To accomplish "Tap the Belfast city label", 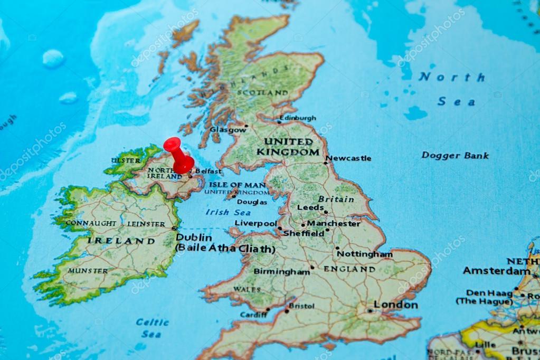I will tap(208, 171).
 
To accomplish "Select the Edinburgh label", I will tap(298, 118).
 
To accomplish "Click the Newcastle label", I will tap(348, 158).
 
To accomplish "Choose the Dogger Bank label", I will tap(455, 156).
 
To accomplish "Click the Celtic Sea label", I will tap(152, 327).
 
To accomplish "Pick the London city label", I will tap(396, 305).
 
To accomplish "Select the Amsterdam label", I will tap(497, 271).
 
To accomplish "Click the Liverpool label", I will tap(255, 223).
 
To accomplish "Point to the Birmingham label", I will tap(281, 272).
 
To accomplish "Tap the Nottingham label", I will tap(365, 254).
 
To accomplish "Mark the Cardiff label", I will tap(253, 315).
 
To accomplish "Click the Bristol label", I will tap(302, 306).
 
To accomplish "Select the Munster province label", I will tap(88, 271).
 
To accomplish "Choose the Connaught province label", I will tap(91, 223).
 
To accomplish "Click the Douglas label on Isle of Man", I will tap(252, 202).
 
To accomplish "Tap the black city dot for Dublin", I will tap(174, 228).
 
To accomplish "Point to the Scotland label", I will tap(262, 93).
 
